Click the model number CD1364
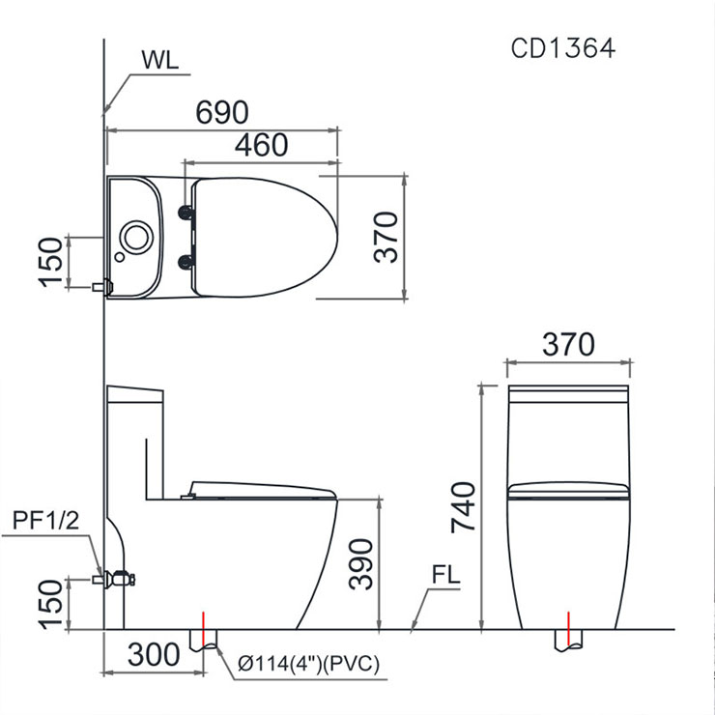[562, 49]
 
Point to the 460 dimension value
[260, 145]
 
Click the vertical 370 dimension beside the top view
[386, 238]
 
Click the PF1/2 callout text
[47, 523]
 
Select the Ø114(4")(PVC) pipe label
[309, 664]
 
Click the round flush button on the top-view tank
[136, 236]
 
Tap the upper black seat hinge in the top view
[186, 212]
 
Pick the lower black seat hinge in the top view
[186, 258]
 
